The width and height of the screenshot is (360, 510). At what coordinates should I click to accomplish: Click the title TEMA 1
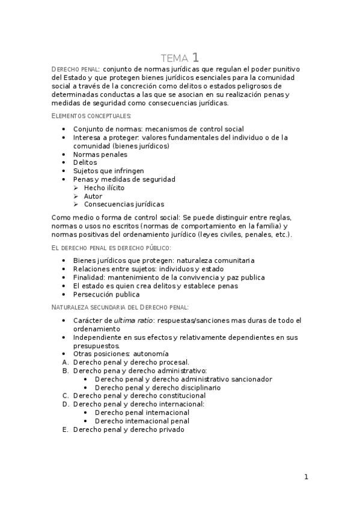(x=180, y=58)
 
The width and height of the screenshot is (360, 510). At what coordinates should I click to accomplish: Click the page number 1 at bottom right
(x=306, y=477)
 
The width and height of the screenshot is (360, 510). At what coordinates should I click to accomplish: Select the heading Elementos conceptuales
(x=91, y=115)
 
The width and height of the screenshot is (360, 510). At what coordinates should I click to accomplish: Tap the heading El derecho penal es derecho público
(x=111, y=247)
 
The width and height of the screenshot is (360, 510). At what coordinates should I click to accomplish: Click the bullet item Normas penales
(x=100, y=155)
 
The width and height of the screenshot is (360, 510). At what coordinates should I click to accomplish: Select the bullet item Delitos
(x=85, y=163)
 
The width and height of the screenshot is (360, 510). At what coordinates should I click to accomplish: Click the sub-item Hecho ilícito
(x=105, y=188)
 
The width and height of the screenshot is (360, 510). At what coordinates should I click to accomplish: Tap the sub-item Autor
(x=93, y=197)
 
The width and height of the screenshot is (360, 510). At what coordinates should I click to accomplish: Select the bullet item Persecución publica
(x=106, y=295)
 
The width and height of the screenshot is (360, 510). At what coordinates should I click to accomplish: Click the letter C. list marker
(x=66, y=396)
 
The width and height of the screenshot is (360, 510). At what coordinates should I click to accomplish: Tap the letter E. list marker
(x=66, y=430)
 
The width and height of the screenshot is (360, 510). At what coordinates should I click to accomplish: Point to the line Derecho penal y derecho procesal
(x=131, y=362)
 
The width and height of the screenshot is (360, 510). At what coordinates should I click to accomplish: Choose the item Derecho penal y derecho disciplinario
(x=157, y=387)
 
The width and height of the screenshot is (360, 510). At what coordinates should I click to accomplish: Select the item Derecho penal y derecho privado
(x=129, y=430)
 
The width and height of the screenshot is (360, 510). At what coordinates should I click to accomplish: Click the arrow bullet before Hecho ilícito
(x=76, y=188)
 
